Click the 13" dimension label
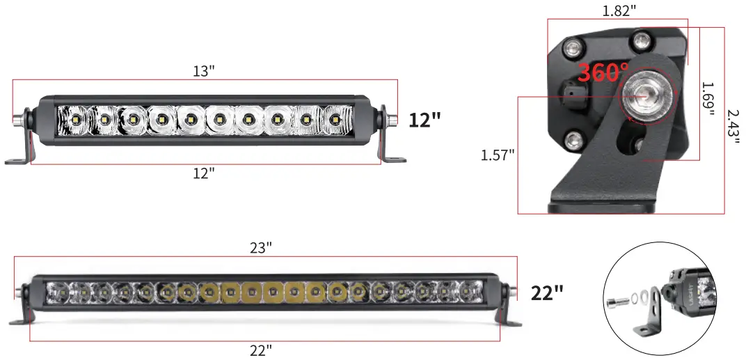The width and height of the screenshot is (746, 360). [x=203, y=71]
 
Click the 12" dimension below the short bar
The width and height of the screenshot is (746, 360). [x=203, y=174]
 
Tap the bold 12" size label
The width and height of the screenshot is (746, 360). [x=424, y=120]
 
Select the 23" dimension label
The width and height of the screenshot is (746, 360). [x=262, y=247]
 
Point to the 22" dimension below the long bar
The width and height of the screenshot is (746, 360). [x=261, y=350]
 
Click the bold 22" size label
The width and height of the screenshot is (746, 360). [x=546, y=293]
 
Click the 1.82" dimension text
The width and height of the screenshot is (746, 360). [x=619, y=11]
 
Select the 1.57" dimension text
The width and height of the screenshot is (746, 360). [x=497, y=155]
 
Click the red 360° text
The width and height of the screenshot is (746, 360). [x=603, y=72]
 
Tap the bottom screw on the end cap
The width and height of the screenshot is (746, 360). [x=573, y=141]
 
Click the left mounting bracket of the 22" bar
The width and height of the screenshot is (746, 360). [x=24, y=314]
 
